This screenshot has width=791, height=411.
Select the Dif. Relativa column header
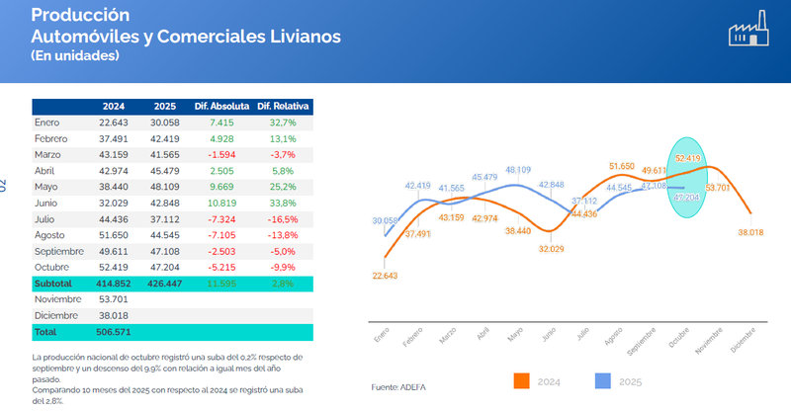[x=283, y=107]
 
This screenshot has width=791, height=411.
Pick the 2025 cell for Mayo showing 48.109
[x=165, y=186]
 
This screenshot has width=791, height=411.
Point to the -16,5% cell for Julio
[x=283, y=217]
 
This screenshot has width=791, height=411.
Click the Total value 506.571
[x=116, y=332]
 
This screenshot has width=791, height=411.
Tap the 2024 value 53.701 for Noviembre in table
[x=116, y=298]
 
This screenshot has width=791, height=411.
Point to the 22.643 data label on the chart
[x=386, y=276]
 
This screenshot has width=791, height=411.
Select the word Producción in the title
[x=81, y=16]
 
